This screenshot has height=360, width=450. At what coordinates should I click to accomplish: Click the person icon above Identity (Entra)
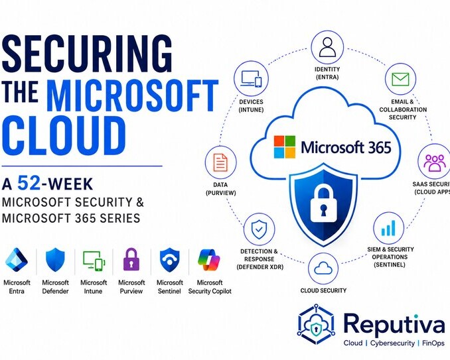pyautogui.click(x=327, y=47)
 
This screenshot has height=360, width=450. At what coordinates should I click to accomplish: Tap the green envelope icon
pyautogui.click(x=400, y=79)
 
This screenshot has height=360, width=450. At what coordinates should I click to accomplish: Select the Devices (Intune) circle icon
pyautogui.click(x=251, y=78)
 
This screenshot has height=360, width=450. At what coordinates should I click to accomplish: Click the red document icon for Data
pyautogui.click(x=220, y=162)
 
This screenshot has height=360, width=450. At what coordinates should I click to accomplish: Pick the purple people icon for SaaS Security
pyautogui.click(x=435, y=162)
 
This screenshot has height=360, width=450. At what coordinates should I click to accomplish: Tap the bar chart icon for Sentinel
pyautogui.click(x=388, y=228)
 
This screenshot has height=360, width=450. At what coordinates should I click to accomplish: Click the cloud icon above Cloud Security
pyautogui.click(x=323, y=269)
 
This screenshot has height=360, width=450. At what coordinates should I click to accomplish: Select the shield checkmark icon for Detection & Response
pyautogui.click(x=259, y=229)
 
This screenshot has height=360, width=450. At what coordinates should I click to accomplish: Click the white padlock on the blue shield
pyautogui.click(x=323, y=203)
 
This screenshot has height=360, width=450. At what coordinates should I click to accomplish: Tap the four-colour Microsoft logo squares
pyautogui.click(x=285, y=147)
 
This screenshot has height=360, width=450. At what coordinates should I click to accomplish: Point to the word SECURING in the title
pyautogui.click(x=87, y=54)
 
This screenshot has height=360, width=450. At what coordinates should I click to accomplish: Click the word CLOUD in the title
pyautogui.click(x=64, y=135)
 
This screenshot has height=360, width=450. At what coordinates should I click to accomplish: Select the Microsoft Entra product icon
pyautogui.click(x=17, y=260)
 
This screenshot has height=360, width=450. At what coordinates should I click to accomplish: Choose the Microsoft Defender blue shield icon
pyautogui.click(x=55, y=260)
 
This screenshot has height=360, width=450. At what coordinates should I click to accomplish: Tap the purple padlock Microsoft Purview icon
pyautogui.click(x=131, y=259)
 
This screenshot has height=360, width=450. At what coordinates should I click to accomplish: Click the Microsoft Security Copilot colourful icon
pyautogui.click(x=209, y=260)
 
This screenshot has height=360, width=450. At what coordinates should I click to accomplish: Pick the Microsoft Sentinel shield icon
pyautogui.click(x=170, y=260)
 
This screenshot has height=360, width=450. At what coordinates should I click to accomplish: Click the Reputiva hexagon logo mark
pyautogui.click(x=316, y=324)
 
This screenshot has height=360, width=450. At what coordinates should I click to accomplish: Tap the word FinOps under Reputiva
pyautogui.click(x=433, y=343)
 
